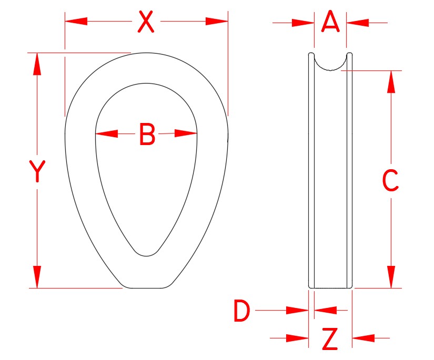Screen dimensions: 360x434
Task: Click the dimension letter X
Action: [146, 22]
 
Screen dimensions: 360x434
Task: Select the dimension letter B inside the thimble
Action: [147, 135]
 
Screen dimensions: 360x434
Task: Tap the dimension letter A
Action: [330, 23]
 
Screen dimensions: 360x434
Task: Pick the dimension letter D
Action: [241, 312]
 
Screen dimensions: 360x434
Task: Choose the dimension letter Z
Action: [330, 340]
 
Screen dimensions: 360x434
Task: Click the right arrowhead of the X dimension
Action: [217, 22]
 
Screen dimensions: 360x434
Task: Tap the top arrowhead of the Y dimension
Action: [37, 64]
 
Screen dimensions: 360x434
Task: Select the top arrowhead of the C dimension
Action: [391, 82]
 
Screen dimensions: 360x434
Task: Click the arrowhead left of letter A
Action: [304, 23]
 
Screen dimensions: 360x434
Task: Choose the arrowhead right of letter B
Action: [186, 134]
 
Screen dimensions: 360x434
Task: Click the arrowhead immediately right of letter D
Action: [325, 310]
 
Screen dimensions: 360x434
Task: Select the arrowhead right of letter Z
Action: [364, 337]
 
